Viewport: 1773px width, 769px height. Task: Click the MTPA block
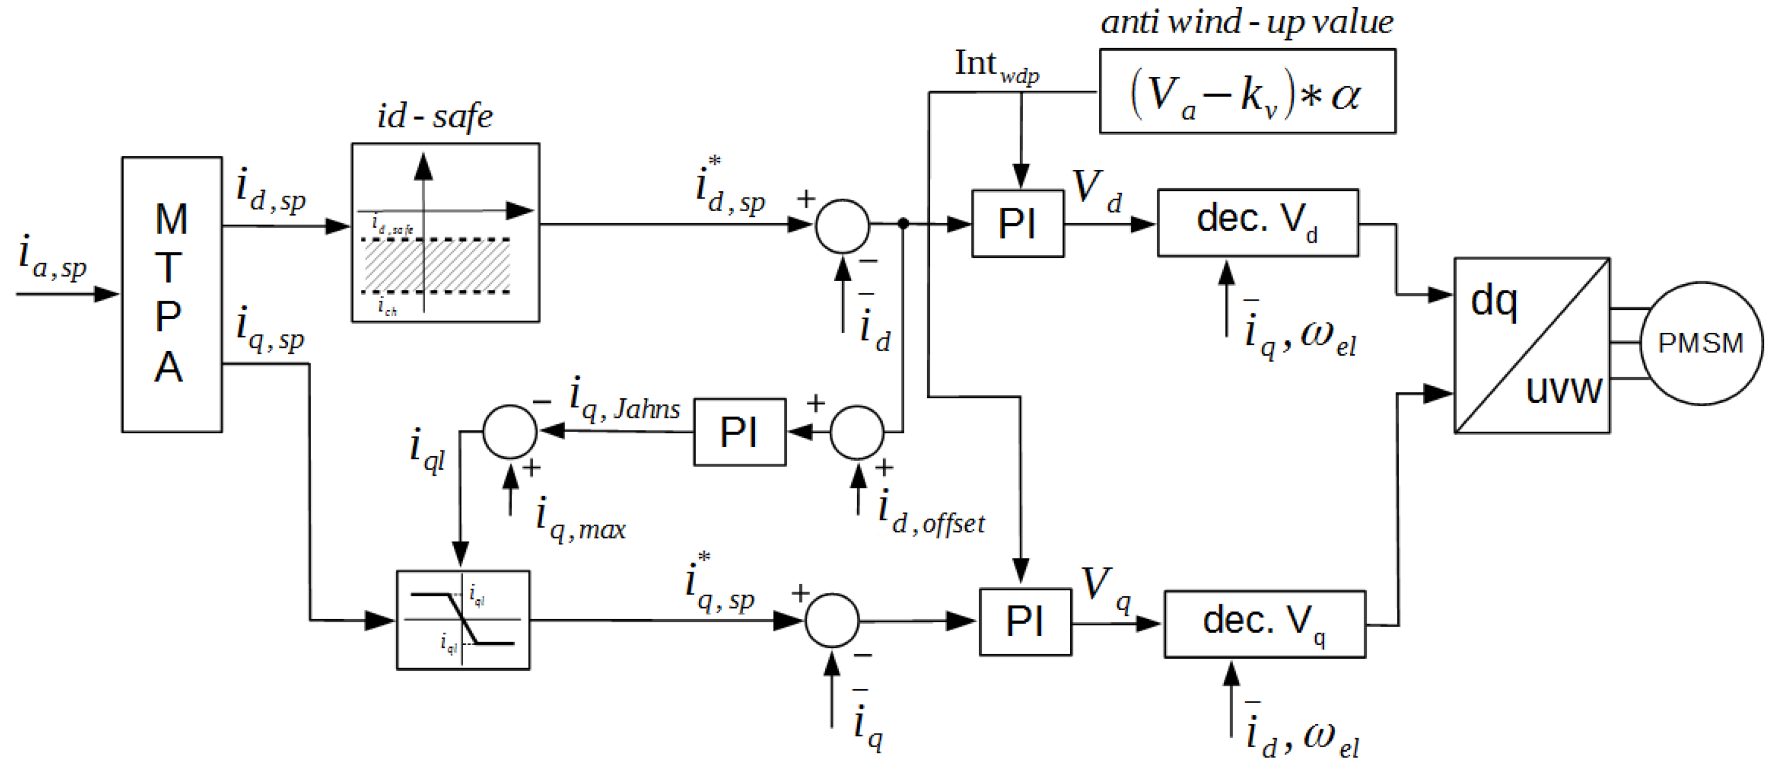pyautogui.click(x=172, y=294)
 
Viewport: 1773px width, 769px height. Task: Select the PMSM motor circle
pyautogui.click(x=1701, y=343)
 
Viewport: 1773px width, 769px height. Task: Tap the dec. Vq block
pyautogui.click(x=1265, y=624)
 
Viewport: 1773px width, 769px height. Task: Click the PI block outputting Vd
pyautogui.click(x=1017, y=224)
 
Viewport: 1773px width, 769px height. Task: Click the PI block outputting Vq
pyautogui.click(x=1025, y=622)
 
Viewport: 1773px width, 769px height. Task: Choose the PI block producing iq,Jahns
pyautogui.click(x=739, y=432)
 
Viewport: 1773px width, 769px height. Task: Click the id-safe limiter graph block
pyautogui.click(x=445, y=232)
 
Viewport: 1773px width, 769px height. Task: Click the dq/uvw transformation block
pyautogui.click(x=1531, y=345)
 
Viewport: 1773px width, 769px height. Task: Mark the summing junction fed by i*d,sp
pyautogui.click(x=842, y=226)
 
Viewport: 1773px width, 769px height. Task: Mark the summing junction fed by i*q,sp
pyautogui.click(x=832, y=620)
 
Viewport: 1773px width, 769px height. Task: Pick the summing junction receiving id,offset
pyautogui.click(x=857, y=432)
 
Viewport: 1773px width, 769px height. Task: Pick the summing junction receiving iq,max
pyautogui.click(x=510, y=432)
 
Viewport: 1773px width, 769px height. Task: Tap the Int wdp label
pyautogui.click(x=996, y=66)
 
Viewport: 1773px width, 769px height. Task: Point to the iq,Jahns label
pyautogui.click(x=624, y=400)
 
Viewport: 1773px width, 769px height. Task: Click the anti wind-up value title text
pyautogui.click(x=1246, y=22)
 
